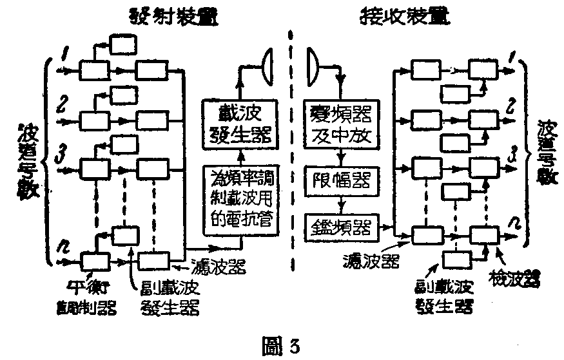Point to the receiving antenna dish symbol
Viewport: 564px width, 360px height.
point(311,62)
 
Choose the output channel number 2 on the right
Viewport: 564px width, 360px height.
point(509,106)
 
